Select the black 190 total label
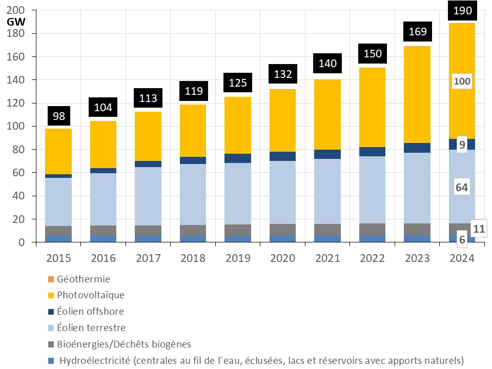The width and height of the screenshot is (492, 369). [462, 10]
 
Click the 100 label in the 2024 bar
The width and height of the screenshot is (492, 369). [462, 81]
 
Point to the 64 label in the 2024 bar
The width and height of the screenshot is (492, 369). [462, 188]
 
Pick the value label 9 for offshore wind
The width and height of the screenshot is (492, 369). [462, 145]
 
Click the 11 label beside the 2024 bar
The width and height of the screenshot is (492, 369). [480, 229]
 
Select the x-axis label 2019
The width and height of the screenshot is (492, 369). [238, 258]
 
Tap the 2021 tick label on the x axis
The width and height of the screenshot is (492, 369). [327, 258]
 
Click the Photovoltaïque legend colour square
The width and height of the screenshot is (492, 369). [51, 295]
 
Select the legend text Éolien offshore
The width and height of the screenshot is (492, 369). [91, 311]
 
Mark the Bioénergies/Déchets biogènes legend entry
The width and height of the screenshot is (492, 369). [124, 344]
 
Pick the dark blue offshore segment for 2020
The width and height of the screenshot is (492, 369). [282, 156]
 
